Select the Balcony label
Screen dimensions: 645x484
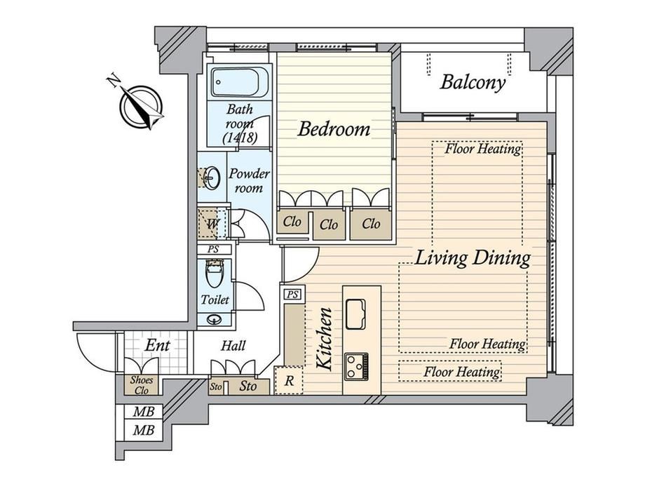pyautogui.click(x=473, y=82)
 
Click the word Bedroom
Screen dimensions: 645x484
pyautogui.click(x=334, y=129)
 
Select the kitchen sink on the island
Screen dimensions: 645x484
pyautogui.click(x=355, y=314)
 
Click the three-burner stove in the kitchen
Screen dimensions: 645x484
pyautogui.click(x=356, y=366)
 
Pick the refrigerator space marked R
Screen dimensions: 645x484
pyautogui.click(x=289, y=381)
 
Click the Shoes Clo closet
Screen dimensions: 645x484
pyautogui.click(x=142, y=385)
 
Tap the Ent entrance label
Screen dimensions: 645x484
pyautogui.click(x=158, y=345)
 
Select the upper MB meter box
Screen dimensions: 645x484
pyautogui.click(x=144, y=412)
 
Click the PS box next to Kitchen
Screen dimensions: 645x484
pyautogui.click(x=292, y=295)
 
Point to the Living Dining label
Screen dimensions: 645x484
pyautogui.click(x=473, y=258)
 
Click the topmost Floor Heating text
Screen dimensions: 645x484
pyautogui.click(x=483, y=148)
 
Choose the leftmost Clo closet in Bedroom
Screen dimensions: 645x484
pyautogui.click(x=292, y=222)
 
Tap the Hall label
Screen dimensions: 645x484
pyautogui.click(x=233, y=346)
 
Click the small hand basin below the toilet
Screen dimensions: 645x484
pyautogui.click(x=214, y=319)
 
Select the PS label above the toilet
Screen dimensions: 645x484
pyautogui.click(x=213, y=250)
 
